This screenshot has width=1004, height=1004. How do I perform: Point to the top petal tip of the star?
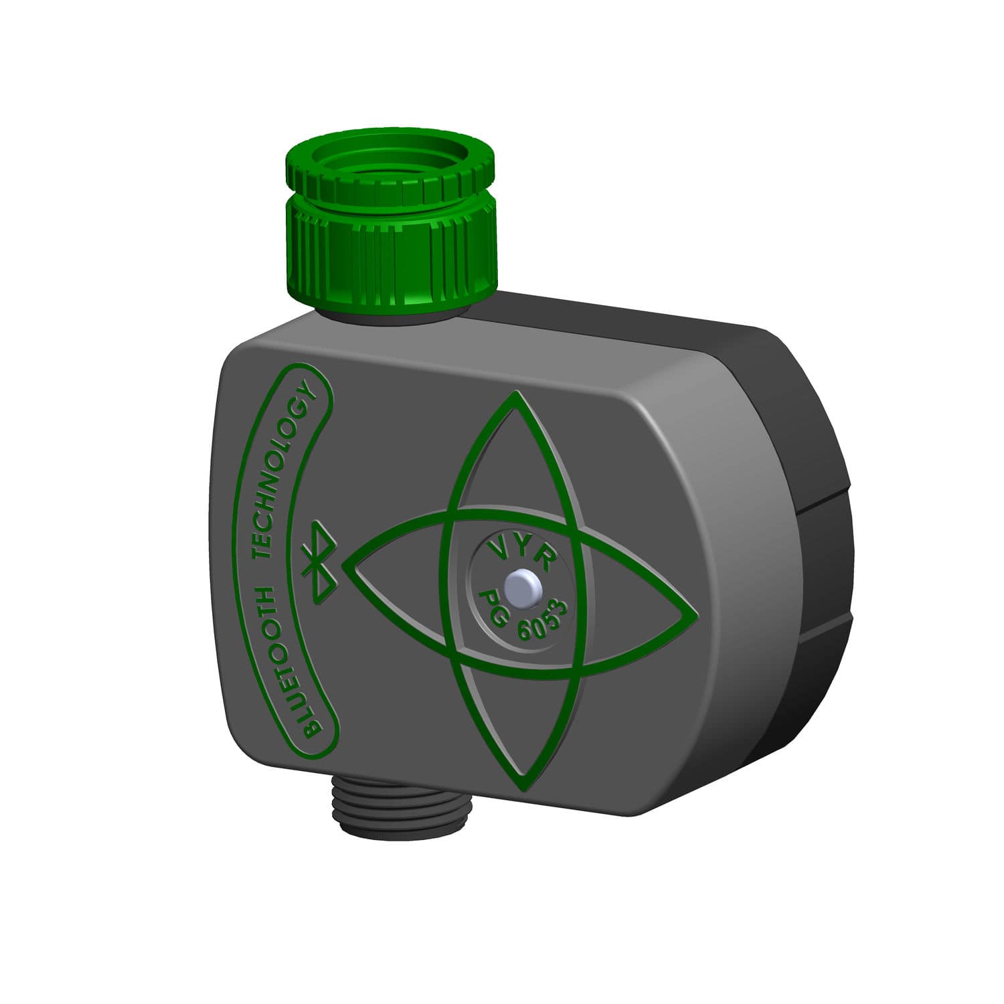pos(514,395)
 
